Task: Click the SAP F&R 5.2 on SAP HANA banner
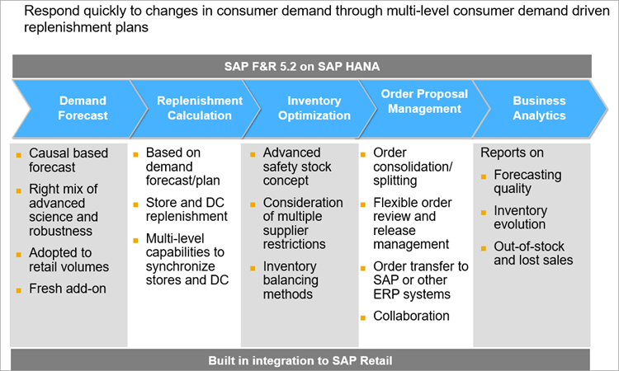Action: tap(301, 67)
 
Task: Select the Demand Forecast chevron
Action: tap(83, 108)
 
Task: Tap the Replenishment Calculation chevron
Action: tap(200, 108)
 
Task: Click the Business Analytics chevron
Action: tap(539, 108)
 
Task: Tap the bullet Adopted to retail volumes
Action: tap(69, 260)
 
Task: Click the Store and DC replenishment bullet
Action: tap(186, 209)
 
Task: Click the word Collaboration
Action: tap(411, 316)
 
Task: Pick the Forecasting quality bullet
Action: tap(527, 181)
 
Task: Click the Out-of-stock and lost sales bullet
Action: tap(533, 253)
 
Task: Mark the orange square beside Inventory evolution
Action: tap(484, 211)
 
